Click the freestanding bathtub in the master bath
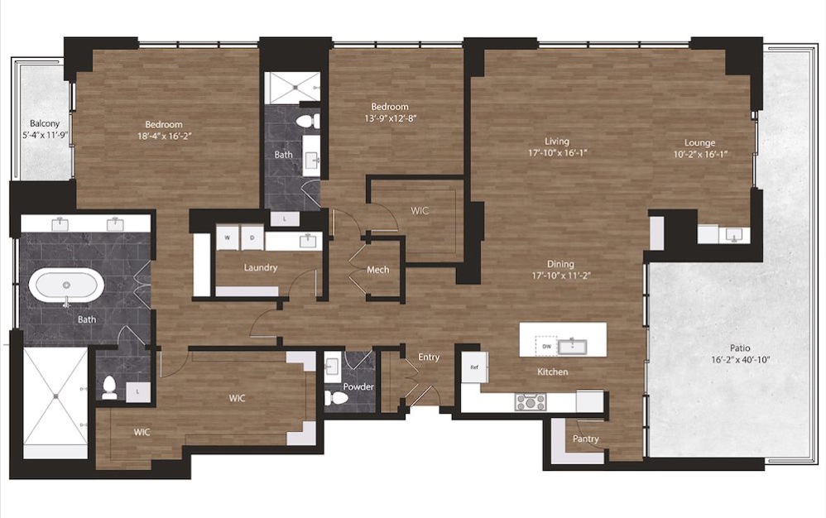click(x=66, y=285)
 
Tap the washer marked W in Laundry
click(x=228, y=237)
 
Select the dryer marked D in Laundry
click(x=252, y=237)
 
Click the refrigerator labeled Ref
click(x=474, y=367)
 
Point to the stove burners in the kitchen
click(x=531, y=402)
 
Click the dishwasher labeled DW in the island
click(x=546, y=346)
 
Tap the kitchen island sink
click(x=573, y=347)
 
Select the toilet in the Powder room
click(x=335, y=397)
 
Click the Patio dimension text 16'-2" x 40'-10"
click(x=740, y=360)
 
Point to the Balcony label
click(x=45, y=123)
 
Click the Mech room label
click(x=377, y=270)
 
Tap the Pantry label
click(x=586, y=439)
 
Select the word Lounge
click(x=699, y=142)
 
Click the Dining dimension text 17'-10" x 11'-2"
click(x=560, y=276)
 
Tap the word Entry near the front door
click(x=429, y=357)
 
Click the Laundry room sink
click(x=308, y=241)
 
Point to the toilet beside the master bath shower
click(x=109, y=388)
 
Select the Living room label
click(x=557, y=141)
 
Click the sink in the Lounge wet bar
click(x=732, y=234)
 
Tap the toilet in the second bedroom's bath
click(x=308, y=122)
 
